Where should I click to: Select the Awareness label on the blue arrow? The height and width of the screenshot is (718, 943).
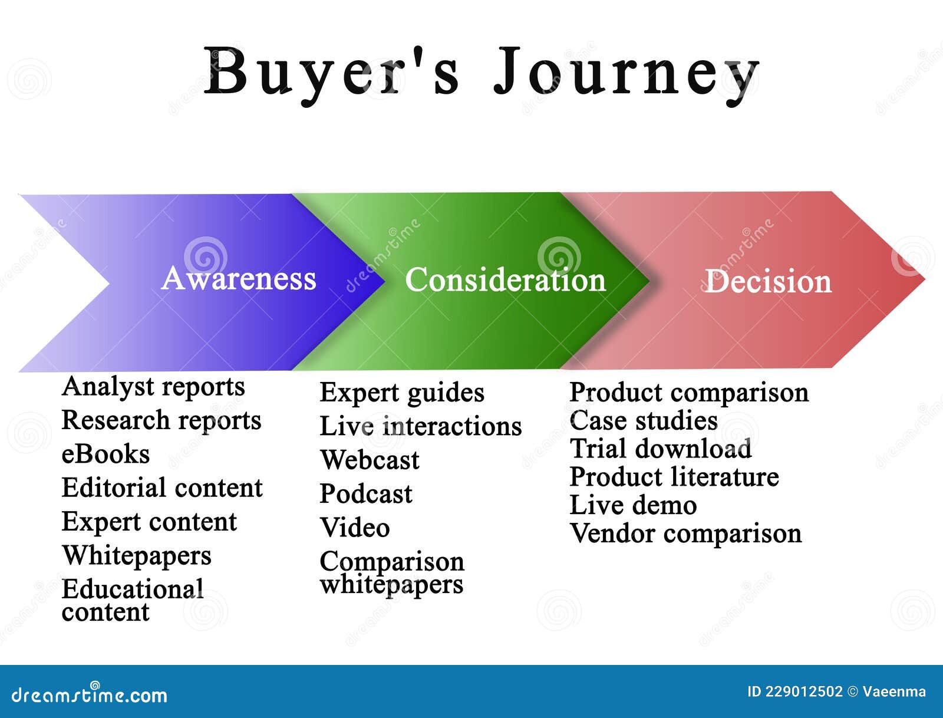[x=239, y=278]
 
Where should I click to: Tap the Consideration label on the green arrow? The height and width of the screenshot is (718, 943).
[x=505, y=280]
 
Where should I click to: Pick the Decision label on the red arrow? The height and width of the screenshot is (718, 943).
[x=768, y=281]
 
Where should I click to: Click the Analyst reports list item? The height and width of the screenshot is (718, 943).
[x=153, y=387]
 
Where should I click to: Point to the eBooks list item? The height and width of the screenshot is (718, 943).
[x=105, y=454]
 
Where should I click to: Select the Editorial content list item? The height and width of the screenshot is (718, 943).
[x=162, y=488]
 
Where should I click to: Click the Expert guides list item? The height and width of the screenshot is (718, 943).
[x=402, y=393]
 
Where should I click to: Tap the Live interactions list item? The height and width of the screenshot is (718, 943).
[x=421, y=426]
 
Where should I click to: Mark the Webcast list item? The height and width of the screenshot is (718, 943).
[x=370, y=460]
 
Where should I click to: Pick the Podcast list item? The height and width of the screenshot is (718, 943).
[x=366, y=494]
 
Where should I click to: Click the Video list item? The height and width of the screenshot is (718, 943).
[x=355, y=528]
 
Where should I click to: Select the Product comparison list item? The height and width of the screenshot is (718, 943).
[x=689, y=393]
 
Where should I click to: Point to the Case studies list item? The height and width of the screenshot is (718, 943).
[x=644, y=421]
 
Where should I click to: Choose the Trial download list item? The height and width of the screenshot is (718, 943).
[x=661, y=449]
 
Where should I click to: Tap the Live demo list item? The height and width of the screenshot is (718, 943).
[x=633, y=505]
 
